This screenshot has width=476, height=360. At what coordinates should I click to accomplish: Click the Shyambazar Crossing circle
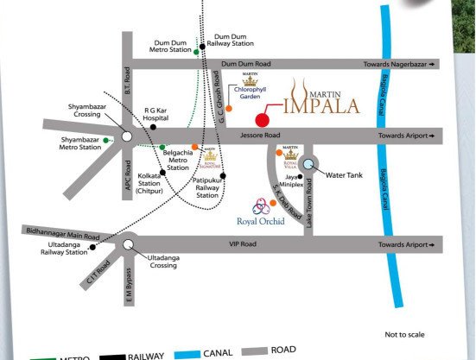(x=127, y=136)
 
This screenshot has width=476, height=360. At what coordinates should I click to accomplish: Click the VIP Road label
(x=244, y=245)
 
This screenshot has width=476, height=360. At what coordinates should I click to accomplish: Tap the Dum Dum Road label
(x=245, y=64)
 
